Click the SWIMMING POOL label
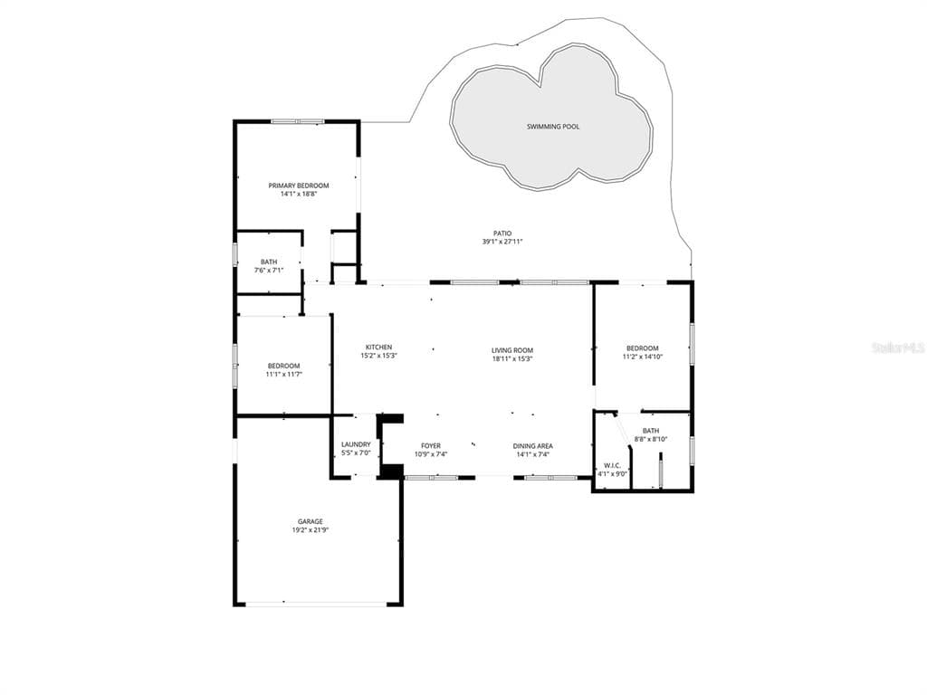pyautogui.click(x=553, y=127)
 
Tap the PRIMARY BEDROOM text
pyautogui.click(x=299, y=186)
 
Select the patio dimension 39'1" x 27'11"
pyautogui.click(x=502, y=242)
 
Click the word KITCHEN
pyautogui.click(x=378, y=347)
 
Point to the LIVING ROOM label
pyautogui.click(x=512, y=350)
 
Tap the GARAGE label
pyautogui.click(x=311, y=522)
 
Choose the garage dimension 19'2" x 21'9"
pyautogui.click(x=311, y=530)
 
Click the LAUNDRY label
pyautogui.click(x=356, y=444)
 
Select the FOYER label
pyautogui.click(x=430, y=446)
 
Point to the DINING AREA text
pyautogui.click(x=532, y=446)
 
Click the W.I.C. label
pyautogui.click(x=612, y=466)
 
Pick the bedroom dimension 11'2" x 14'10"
pyautogui.click(x=642, y=357)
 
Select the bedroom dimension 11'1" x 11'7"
pyautogui.click(x=283, y=374)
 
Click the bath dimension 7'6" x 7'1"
pyautogui.click(x=269, y=270)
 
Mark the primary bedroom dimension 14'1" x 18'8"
pyautogui.click(x=299, y=194)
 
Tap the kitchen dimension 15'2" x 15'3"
pyautogui.click(x=378, y=356)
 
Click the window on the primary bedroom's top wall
pyautogui.click(x=297, y=122)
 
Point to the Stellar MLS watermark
pyautogui.click(x=898, y=347)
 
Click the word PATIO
pyautogui.click(x=502, y=233)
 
